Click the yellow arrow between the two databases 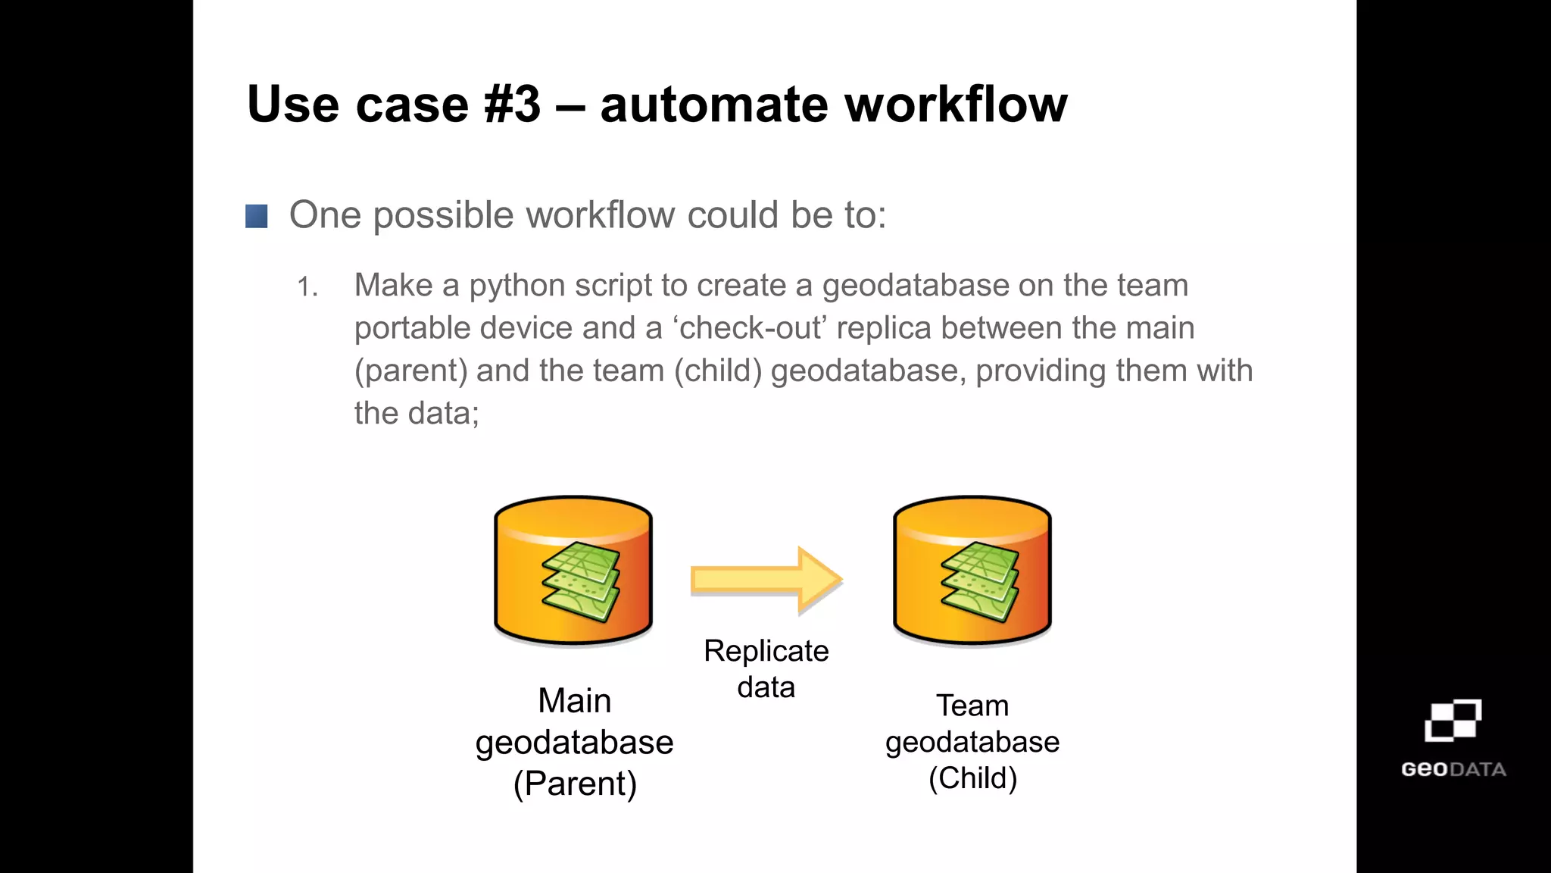click(765, 580)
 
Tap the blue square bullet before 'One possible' click(257, 217)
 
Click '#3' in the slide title click(513, 105)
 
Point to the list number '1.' click(307, 287)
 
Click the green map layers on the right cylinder click(980, 582)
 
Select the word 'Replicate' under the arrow click(766, 651)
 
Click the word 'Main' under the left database click(574, 700)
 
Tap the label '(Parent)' click(575, 784)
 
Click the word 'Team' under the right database click(972, 706)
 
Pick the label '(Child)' click(972, 778)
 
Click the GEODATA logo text click(1453, 769)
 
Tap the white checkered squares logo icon click(1453, 720)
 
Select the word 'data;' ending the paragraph click(443, 414)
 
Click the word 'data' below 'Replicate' click(766, 687)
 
